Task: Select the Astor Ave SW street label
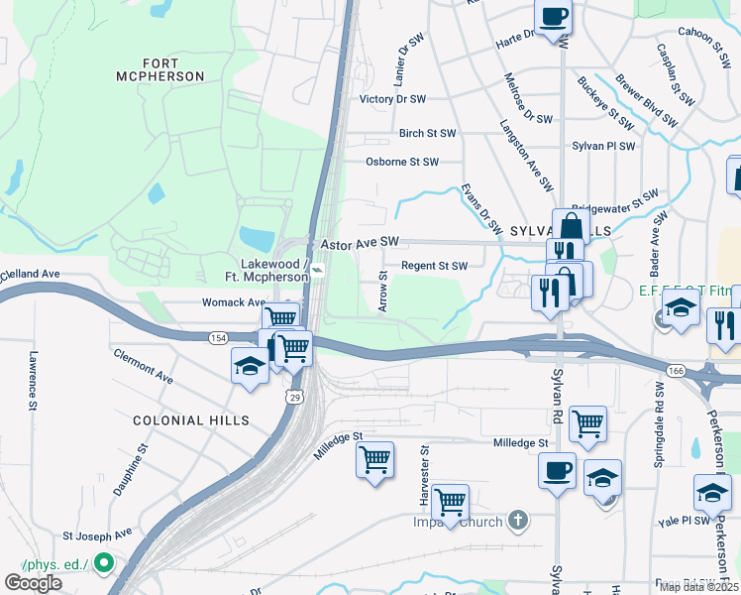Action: coord(359,242)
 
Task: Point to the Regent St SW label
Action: coord(434,266)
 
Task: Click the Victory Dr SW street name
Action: coord(392,99)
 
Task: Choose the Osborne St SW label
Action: coord(400,162)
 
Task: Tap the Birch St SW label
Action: coord(427,133)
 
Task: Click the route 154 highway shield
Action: coord(217,338)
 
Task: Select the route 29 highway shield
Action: coord(294,397)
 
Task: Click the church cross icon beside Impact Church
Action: coord(517,520)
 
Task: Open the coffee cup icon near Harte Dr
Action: coord(553,15)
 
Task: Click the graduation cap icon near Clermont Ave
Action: coord(249,366)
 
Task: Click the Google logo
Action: coord(33,583)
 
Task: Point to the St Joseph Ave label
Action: coord(97,534)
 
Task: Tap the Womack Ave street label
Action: coord(235,302)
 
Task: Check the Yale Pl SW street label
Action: coord(684,520)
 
